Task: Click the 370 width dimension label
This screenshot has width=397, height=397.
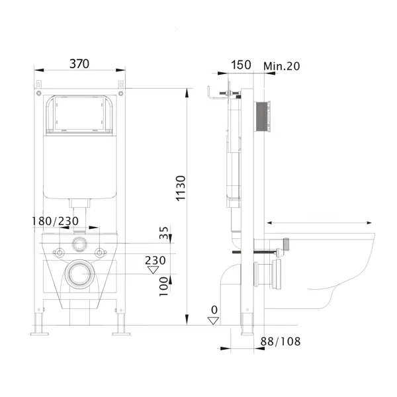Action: tap(79, 64)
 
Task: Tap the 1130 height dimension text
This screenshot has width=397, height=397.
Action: tap(181, 189)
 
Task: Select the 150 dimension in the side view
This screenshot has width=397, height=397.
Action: tap(241, 65)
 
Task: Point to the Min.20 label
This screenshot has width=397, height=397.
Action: tap(282, 66)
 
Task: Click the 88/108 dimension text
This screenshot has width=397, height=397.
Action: tap(281, 341)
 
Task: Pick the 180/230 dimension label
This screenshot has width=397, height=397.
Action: tap(55, 221)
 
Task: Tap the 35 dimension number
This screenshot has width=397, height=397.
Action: tap(164, 233)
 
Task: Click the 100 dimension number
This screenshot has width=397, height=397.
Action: tap(163, 287)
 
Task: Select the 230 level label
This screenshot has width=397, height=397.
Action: tap(155, 260)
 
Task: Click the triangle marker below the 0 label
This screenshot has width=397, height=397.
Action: tap(213, 320)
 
